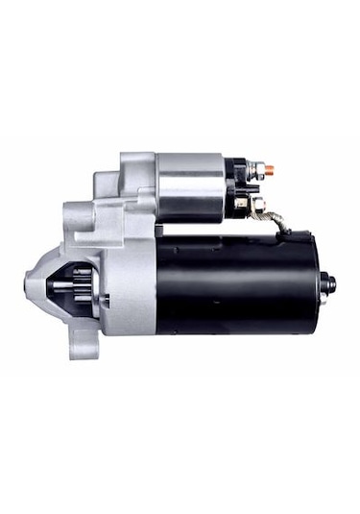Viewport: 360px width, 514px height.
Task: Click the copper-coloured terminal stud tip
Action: pyautogui.click(x=270, y=170)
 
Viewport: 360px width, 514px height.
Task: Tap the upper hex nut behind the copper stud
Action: pyautogui.click(x=256, y=171)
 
